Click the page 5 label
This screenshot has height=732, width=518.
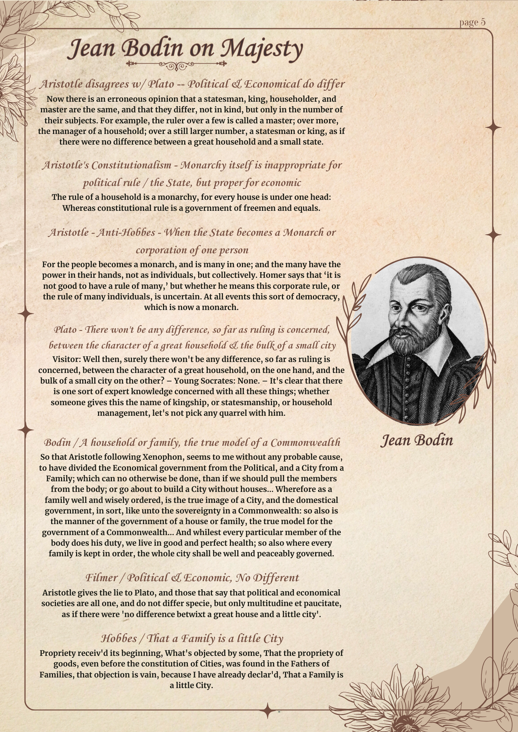click(x=472, y=22)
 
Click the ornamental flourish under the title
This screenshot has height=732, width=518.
click(x=177, y=65)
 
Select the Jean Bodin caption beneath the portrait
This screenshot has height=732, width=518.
click(x=417, y=440)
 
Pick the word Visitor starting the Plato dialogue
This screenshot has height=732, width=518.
click(x=66, y=359)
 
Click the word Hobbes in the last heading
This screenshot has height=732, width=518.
click(x=121, y=639)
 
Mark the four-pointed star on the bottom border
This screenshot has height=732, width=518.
click(x=268, y=710)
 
